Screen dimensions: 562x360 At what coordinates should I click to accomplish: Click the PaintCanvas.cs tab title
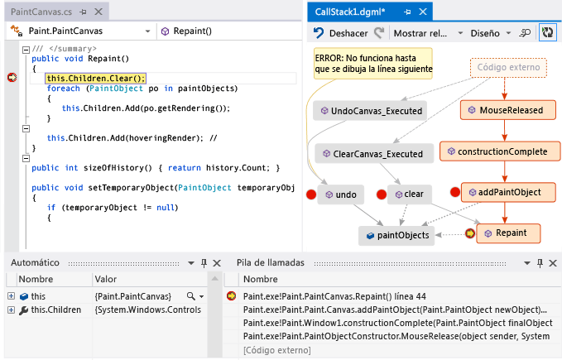(x=41, y=12)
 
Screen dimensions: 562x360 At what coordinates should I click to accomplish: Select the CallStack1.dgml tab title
(x=350, y=12)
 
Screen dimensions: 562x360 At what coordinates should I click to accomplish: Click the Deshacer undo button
(x=340, y=33)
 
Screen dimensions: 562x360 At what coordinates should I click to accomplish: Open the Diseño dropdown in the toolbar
(x=490, y=33)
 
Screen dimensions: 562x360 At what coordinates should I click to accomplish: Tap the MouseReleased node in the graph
(x=508, y=110)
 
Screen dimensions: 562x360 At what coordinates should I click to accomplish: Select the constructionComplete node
(x=500, y=151)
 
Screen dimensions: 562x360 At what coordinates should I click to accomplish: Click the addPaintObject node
(x=508, y=192)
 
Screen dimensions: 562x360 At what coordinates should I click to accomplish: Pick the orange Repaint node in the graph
(x=508, y=233)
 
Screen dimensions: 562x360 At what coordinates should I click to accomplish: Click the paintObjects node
(x=396, y=235)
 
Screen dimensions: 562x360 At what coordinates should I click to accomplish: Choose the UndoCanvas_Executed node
(x=370, y=111)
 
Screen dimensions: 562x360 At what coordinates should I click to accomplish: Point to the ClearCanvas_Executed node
(x=374, y=154)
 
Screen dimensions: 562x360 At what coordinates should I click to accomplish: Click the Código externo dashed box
(x=508, y=67)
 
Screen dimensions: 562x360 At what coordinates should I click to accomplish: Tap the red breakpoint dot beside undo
(x=311, y=194)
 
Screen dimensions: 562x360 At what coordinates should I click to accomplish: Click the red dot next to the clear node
(x=382, y=194)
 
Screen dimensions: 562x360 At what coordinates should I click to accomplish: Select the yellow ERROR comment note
(x=373, y=64)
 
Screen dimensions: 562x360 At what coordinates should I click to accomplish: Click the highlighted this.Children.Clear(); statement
(x=95, y=78)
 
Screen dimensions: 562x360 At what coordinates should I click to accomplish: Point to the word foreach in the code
(x=63, y=89)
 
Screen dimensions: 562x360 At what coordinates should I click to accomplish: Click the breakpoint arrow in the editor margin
(x=12, y=77)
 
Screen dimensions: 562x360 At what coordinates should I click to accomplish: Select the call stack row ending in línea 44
(x=334, y=296)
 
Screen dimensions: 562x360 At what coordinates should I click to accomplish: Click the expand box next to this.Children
(x=11, y=310)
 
